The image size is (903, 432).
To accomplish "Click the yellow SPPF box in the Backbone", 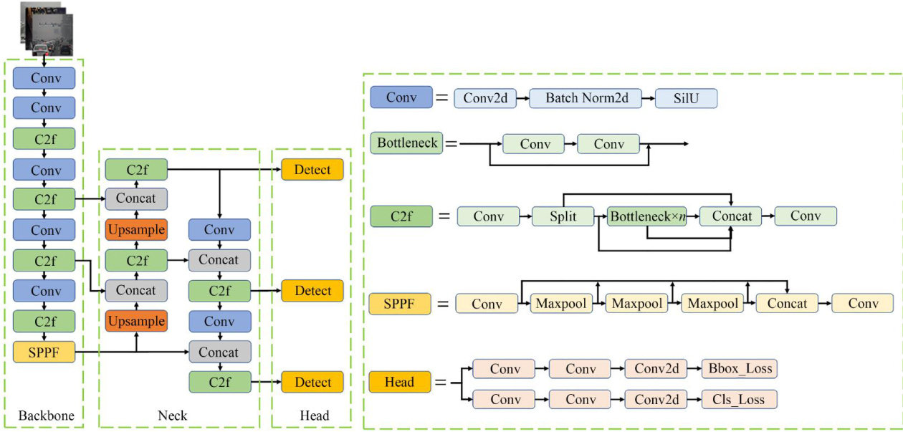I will pyautogui.click(x=44, y=352).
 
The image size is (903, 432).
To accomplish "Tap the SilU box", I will pyautogui.click(x=686, y=98).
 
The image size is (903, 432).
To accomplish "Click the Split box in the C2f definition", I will pyautogui.click(x=563, y=216).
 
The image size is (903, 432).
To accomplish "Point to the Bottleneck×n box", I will pyautogui.click(x=646, y=216).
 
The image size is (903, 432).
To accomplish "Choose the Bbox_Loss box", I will pyautogui.click(x=739, y=369).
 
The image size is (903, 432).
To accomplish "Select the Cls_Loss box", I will pyautogui.click(x=739, y=399).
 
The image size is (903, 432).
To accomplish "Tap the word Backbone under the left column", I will pyautogui.click(x=46, y=416).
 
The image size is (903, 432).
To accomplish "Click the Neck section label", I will pyautogui.click(x=173, y=416).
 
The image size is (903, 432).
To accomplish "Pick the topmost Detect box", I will pyautogui.click(x=312, y=170).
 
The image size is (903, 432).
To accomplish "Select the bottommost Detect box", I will pyautogui.click(x=312, y=382).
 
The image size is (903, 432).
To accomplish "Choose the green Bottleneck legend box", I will pyautogui.click(x=407, y=143).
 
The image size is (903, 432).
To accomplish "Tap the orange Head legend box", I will pyautogui.click(x=400, y=382).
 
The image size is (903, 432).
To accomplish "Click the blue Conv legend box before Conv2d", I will pyautogui.click(x=401, y=97).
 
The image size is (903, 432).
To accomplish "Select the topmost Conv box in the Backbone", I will pyautogui.click(x=44, y=78).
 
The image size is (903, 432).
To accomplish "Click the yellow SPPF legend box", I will pyautogui.click(x=400, y=304).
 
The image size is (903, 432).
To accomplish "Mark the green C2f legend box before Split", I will pyautogui.click(x=401, y=216).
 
